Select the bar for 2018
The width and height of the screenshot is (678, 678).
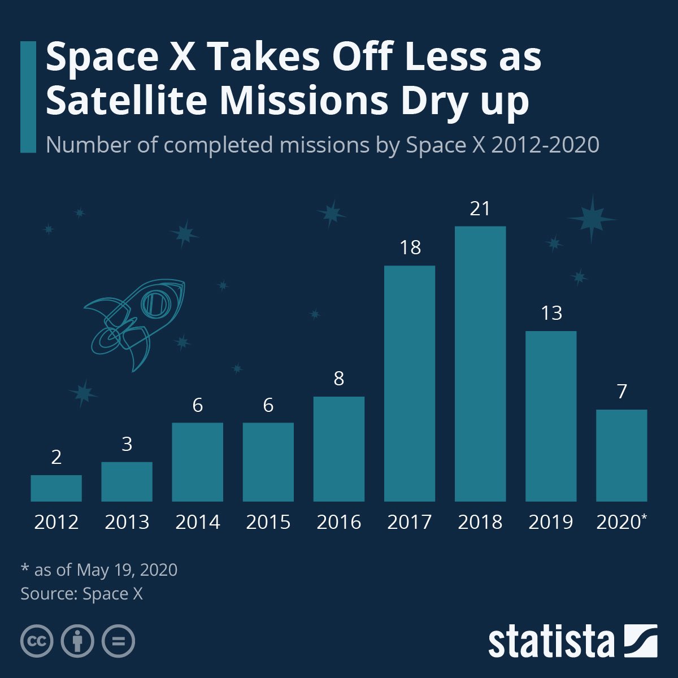pos(480,364)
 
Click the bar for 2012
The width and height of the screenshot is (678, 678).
pos(56,488)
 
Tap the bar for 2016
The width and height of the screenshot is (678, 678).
pos(338,449)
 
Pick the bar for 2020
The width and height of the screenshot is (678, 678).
pos(621,455)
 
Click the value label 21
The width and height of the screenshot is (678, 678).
pos(480,209)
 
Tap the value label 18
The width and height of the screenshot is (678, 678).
pos(410,248)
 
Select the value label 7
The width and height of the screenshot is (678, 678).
pos(621,392)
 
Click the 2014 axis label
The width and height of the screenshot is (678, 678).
pos(197,522)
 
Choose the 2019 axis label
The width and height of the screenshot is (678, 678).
pos(551,522)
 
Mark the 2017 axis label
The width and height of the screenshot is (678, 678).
pos(410,522)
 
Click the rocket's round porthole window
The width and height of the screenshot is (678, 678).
pos(153,304)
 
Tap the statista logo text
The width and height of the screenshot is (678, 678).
pos(551,642)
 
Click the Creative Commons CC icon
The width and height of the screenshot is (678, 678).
pos(37,641)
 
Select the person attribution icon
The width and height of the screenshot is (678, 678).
pos(77,641)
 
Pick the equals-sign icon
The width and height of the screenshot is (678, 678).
pos(118,641)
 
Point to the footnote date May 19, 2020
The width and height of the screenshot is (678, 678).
pos(127,570)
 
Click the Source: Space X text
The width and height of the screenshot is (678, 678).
pos(81,594)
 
